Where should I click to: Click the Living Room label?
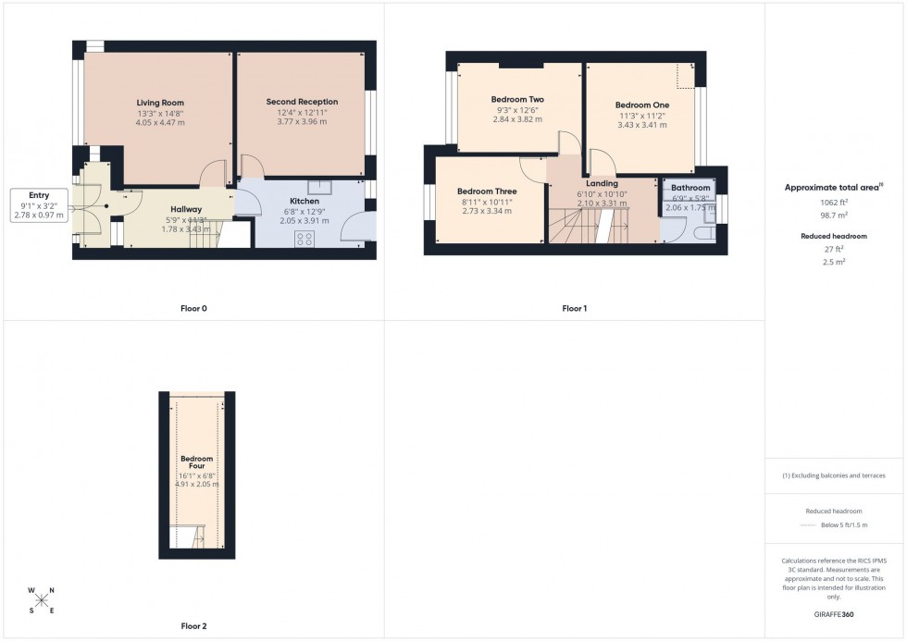pos(160,103)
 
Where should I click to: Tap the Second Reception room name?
pos(302,102)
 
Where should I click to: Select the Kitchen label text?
pos(304,201)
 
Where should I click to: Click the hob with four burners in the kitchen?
pos(304,238)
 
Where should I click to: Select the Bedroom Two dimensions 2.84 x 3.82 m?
pos(516,119)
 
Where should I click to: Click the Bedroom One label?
pos(641,105)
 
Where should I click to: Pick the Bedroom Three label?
pos(486,191)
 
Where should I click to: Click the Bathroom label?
pos(690,188)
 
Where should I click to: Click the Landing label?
pos(602,183)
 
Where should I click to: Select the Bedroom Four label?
pos(196,462)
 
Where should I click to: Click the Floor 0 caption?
pos(193,308)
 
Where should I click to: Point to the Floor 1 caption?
pos(575,308)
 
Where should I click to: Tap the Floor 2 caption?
pos(193,626)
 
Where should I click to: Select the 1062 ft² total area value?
pos(835,202)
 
